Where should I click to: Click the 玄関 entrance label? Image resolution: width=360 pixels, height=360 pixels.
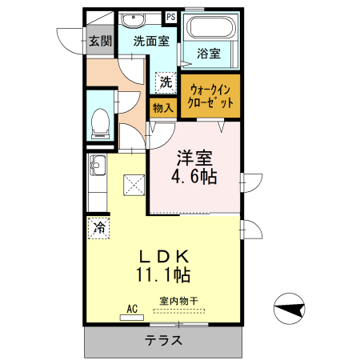pos(99,40)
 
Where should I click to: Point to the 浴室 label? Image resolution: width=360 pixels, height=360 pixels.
pos(209,54)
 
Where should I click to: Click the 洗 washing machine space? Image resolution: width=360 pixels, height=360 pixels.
pos(165,82)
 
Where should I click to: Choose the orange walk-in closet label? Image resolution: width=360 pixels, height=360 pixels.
pos(210,95)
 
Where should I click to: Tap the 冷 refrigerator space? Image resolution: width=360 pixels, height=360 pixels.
pos(99,227)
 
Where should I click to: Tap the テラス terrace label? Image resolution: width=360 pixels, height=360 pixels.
pos(163,340)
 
